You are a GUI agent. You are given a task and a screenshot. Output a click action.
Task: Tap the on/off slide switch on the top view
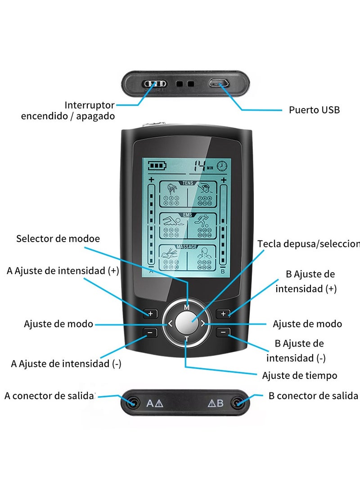(155, 84)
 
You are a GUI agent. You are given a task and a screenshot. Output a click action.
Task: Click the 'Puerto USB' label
(314, 110)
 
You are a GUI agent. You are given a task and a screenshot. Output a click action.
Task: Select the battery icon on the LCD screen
(157, 166)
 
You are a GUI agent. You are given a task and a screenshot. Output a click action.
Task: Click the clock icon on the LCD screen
(222, 166)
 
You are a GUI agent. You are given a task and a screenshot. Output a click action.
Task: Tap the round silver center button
(186, 322)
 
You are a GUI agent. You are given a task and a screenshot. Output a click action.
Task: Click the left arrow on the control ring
(170, 323)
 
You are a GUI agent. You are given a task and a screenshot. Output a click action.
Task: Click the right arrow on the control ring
(203, 323)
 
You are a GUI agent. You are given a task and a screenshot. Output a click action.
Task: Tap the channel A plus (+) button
(150, 313)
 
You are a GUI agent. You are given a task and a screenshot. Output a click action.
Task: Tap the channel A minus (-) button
(150, 333)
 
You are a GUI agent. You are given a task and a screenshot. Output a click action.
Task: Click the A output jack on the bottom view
(133, 403)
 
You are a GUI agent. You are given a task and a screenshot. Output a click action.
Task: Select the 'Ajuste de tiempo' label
(299, 375)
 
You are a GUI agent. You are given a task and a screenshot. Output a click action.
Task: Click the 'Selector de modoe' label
(58, 239)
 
